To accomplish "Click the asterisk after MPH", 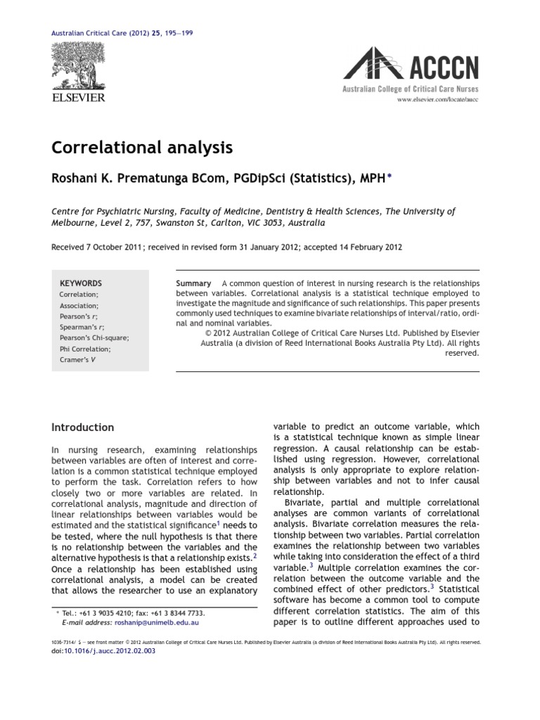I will (x=390, y=178).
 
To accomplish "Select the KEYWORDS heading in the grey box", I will (x=81, y=283).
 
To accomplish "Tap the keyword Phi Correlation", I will (x=85, y=349).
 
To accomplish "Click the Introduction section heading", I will (x=83, y=427).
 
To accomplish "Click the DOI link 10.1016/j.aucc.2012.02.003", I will (x=109, y=651).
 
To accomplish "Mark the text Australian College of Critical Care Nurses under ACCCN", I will (x=410, y=89).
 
